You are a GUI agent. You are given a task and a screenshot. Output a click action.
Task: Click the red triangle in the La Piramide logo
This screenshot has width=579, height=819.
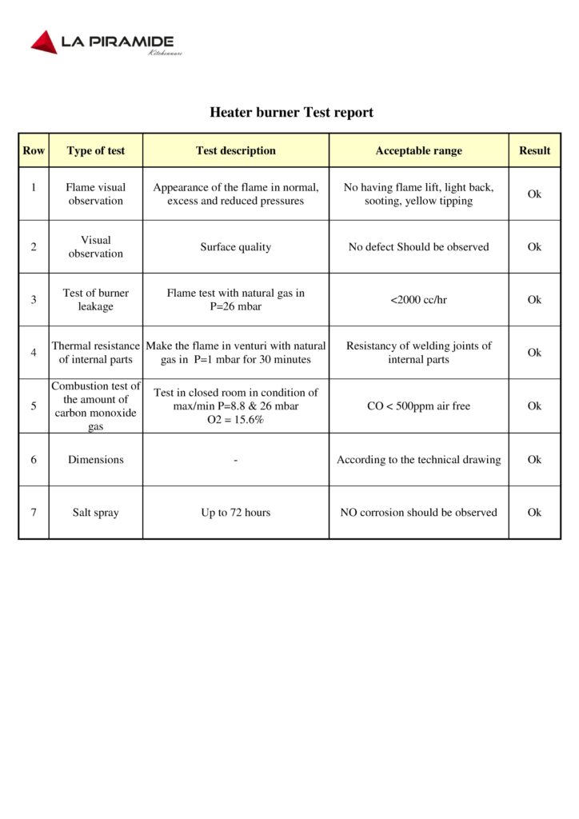(x=44, y=42)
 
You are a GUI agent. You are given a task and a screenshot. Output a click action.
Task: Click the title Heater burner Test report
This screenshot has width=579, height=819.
(x=291, y=112)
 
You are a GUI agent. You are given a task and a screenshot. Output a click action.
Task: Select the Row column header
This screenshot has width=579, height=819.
(x=34, y=150)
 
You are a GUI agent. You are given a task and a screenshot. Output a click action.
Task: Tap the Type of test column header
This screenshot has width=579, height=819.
(x=96, y=150)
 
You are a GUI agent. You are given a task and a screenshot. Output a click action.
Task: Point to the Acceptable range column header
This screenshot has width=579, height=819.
(x=418, y=150)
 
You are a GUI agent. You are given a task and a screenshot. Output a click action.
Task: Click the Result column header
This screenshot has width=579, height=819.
(x=534, y=150)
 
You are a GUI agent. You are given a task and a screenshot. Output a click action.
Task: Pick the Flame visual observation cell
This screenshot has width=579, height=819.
(x=96, y=194)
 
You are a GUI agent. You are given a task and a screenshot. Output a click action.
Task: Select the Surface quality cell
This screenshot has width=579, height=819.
(x=236, y=247)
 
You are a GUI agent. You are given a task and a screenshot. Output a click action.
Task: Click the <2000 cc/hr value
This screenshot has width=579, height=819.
(x=418, y=300)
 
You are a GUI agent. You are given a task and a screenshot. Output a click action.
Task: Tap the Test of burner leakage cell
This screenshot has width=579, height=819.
(x=96, y=300)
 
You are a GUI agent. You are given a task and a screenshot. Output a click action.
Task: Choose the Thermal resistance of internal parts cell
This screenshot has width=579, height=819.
(x=96, y=353)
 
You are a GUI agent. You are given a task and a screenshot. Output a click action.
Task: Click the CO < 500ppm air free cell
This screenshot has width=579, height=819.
(x=418, y=406)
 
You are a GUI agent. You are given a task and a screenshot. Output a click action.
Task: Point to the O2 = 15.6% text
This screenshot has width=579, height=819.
(x=236, y=420)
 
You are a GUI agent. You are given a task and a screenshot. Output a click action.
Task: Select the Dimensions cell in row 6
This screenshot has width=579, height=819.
(x=96, y=460)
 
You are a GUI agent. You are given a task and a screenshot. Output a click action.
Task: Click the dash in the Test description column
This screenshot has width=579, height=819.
(x=236, y=460)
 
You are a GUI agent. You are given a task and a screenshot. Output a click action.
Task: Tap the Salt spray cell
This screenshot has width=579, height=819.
(x=96, y=513)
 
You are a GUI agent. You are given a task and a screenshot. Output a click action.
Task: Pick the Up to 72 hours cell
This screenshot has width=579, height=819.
(x=236, y=513)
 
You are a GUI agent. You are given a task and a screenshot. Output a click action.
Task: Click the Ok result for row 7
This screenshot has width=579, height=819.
(x=534, y=513)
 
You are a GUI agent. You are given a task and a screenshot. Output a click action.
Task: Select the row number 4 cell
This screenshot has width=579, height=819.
(x=34, y=353)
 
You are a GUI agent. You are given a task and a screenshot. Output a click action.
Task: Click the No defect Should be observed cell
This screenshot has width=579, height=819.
(x=418, y=247)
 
